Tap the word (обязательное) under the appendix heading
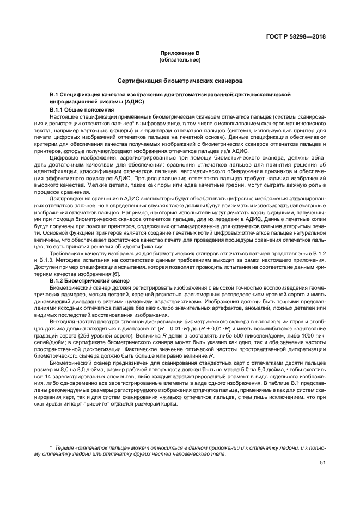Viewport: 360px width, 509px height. (180, 60)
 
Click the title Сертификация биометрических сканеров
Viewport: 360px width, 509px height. (180, 81)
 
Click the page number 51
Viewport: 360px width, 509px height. (322, 463)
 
